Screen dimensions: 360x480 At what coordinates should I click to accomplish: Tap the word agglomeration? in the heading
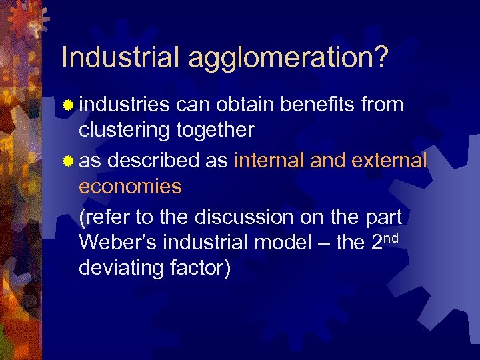coord(287,59)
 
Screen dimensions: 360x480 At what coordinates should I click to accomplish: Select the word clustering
coord(125,129)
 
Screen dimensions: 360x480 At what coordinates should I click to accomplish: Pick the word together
coord(215,129)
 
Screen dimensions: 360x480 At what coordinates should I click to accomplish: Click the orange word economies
coord(130,187)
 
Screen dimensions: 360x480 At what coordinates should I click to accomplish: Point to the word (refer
coord(105,217)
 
